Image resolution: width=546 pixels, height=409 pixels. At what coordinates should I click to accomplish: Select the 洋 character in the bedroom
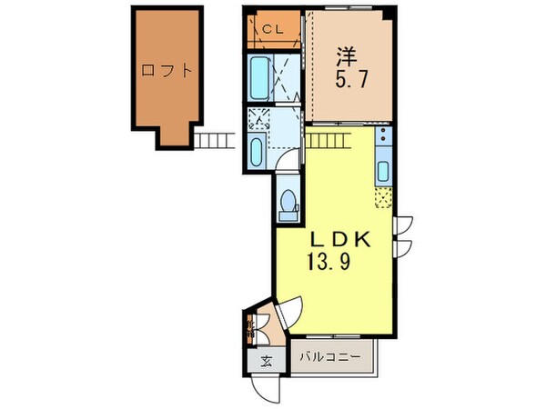coord(344,55)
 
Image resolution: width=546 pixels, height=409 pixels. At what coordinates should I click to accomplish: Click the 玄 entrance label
coord(267,361)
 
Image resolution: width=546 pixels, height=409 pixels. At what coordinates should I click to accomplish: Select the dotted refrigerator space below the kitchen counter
coord(384,194)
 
